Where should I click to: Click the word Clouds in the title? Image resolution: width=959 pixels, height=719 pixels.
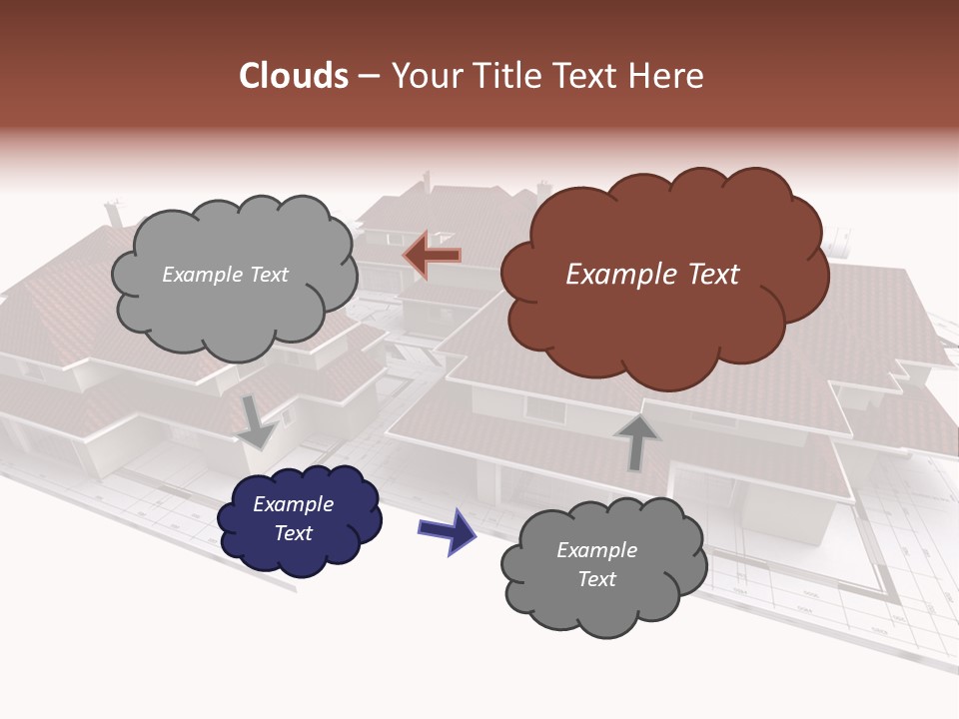click(x=294, y=76)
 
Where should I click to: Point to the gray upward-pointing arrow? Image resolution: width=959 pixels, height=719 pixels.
click(x=636, y=441)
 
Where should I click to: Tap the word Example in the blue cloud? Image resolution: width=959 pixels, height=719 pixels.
click(x=293, y=504)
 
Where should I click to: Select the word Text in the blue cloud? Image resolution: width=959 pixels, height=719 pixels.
click(x=293, y=533)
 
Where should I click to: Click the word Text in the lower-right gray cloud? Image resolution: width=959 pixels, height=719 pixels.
click(x=596, y=579)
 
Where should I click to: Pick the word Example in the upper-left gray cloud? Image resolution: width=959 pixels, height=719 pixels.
click(x=200, y=275)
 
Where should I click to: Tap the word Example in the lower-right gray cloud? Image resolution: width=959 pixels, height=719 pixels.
click(x=596, y=550)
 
